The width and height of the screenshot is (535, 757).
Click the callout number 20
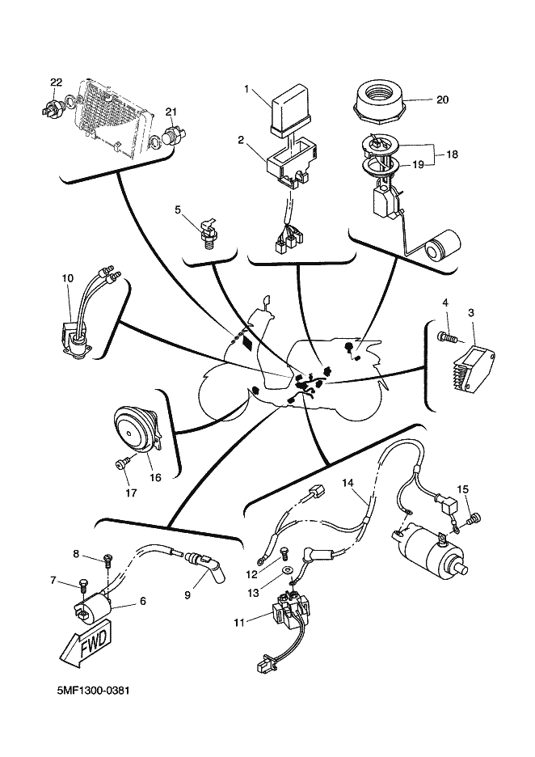pos(441,100)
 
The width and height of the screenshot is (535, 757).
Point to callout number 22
pos(56,82)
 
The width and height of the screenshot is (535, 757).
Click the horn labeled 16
pos(133,432)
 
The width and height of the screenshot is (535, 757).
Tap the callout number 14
pos(348,484)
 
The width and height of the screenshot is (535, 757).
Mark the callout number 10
pos(68,278)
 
